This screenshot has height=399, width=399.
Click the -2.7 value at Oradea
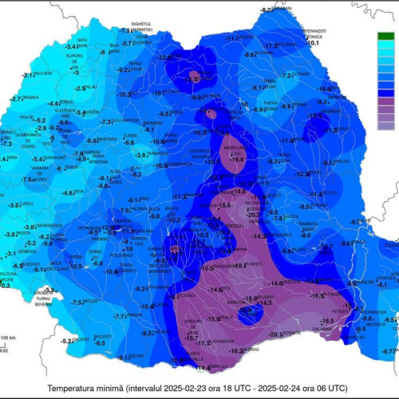pos(16,99)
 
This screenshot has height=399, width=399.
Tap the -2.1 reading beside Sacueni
pos(28,74)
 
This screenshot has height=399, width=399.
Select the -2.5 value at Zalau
pos(80,89)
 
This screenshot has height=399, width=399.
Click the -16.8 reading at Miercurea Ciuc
pos(237,160)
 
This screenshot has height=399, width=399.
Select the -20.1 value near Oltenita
pos(275,334)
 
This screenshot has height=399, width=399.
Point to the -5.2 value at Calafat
pos(69,341)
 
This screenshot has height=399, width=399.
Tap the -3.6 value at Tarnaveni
pos(140,155)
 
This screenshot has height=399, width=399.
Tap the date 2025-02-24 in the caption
pos(280,387)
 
